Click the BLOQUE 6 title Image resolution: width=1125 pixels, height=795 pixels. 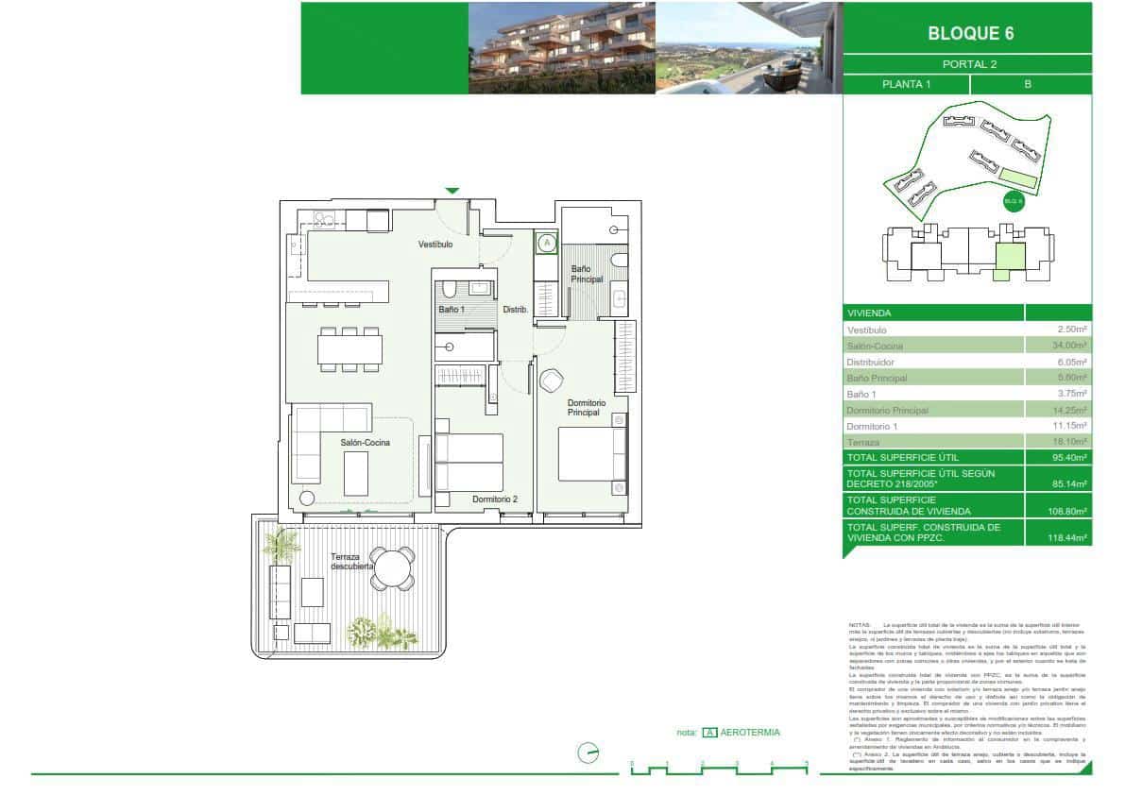point(970,33)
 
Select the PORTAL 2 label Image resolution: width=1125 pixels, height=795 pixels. point(969,64)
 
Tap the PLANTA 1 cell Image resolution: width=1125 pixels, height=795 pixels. point(906,84)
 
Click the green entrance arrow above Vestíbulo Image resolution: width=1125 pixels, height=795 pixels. point(452,191)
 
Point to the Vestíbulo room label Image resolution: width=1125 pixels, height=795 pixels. point(436,245)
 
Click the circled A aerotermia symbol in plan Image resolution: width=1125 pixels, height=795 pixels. point(546,244)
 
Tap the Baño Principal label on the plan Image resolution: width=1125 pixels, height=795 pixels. point(587,274)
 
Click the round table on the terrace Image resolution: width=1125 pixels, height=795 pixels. point(391,568)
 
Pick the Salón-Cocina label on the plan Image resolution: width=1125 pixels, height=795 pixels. point(365,442)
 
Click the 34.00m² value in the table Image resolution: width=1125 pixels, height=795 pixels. point(1072,346)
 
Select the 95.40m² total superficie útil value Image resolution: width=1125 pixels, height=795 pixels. point(1072,457)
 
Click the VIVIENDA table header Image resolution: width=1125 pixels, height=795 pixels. point(869,313)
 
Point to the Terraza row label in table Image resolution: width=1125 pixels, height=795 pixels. point(863,442)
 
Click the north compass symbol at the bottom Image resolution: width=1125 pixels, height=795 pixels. point(588,753)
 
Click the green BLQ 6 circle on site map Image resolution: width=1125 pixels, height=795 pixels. point(1013,201)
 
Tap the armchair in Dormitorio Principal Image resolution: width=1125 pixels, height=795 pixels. point(551,381)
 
